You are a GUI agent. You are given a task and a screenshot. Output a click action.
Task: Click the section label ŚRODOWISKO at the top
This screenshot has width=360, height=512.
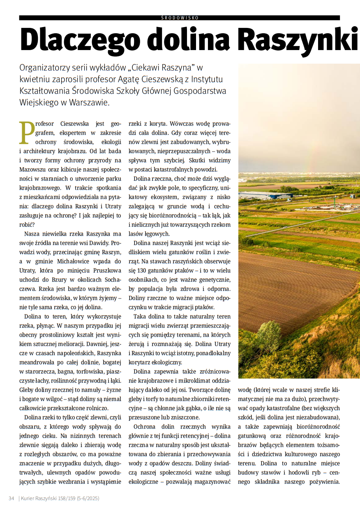tap(180, 18)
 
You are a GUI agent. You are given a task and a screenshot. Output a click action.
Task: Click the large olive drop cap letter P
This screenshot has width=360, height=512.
tap(27, 133)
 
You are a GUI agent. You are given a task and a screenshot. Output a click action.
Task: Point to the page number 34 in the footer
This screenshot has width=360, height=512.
tap(12, 498)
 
